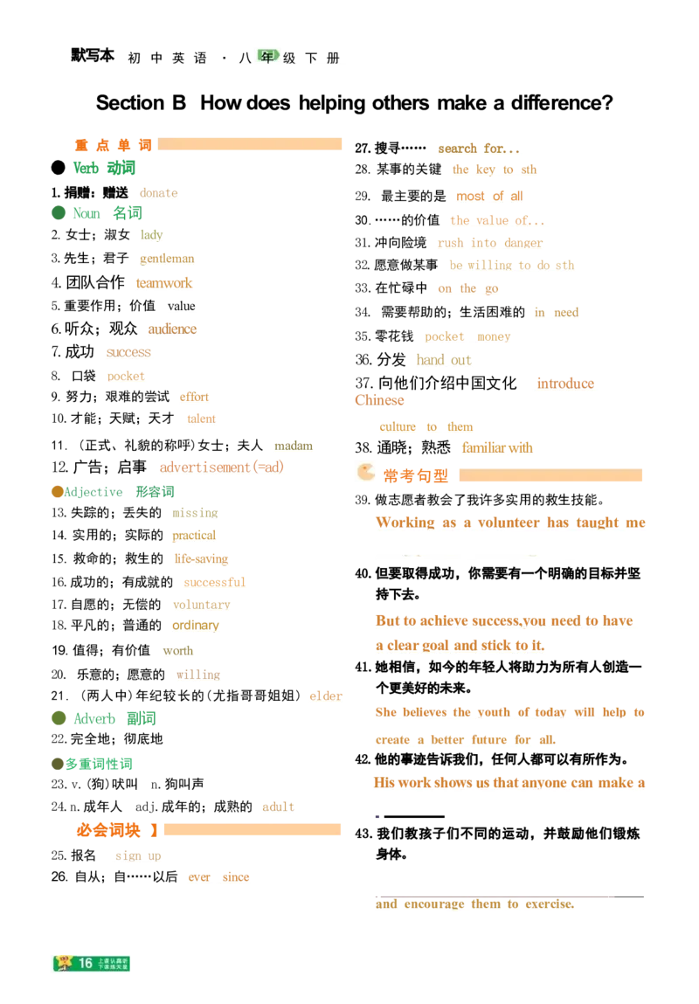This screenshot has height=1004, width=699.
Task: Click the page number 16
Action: pyautogui.click(x=86, y=963)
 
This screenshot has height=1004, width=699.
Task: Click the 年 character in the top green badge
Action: pyautogui.click(x=266, y=56)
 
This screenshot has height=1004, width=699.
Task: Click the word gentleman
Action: pyautogui.click(x=167, y=259)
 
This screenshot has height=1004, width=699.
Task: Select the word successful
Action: pyautogui.click(x=216, y=581)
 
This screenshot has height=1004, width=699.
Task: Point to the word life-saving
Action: pyautogui.click(x=198, y=558)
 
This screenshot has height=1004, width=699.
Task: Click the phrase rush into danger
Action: pyautogui.click(x=488, y=243)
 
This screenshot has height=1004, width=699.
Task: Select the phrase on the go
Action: pyautogui.click(x=467, y=287)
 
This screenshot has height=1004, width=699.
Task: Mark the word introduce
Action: pyautogui.click(x=564, y=383)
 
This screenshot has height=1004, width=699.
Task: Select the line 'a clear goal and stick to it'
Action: pyautogui.click(x=459, y=645)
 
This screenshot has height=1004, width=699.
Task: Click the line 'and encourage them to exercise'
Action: pyautogui.click(x=474, y=904)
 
